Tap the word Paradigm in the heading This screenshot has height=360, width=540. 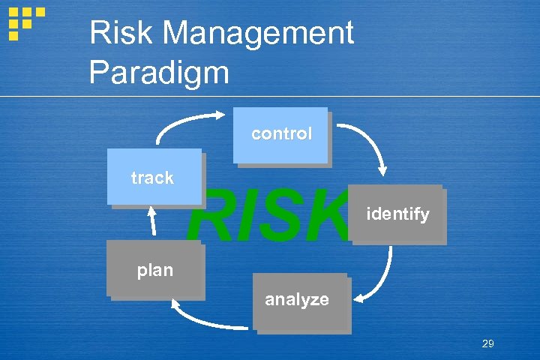coord(159,72)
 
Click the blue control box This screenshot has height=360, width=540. coord(281,135)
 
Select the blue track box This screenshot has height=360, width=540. coord(154,177)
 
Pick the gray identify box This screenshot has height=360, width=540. coord(397,214)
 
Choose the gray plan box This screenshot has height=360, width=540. coord(154,269)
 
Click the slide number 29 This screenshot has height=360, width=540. coord(487,343)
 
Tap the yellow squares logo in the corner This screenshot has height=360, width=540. coord(24,22)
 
